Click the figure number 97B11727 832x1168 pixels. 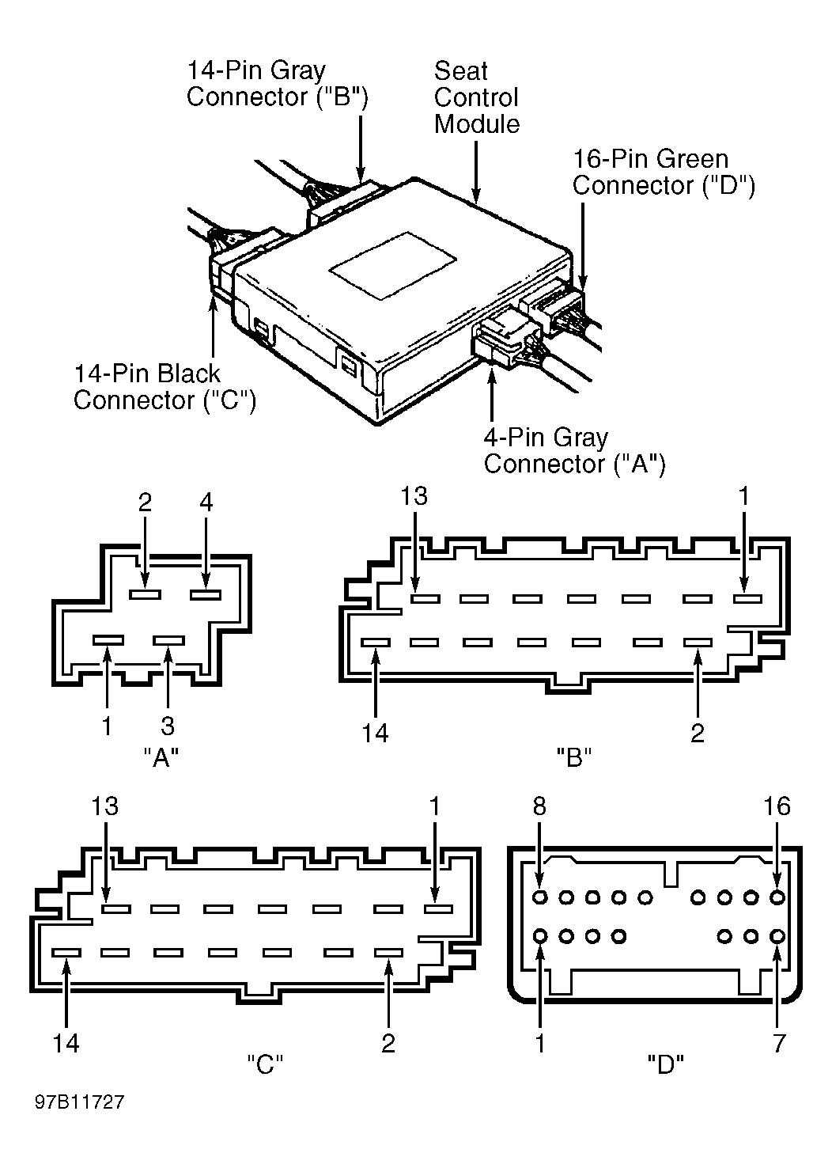coord(80,1102)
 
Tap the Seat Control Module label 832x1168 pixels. coord(477,97)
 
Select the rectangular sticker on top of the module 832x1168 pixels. coord(393,266)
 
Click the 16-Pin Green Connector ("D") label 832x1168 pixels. coord(664,172)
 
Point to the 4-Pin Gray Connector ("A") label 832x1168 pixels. coord(575,450)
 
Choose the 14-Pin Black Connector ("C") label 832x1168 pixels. coord(165,387)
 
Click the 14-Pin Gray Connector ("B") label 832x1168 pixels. coord(277,83)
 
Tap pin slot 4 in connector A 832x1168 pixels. coord(206,594)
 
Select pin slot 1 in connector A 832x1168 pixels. coord(108,640)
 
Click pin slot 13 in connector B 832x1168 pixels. coord(425,598)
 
